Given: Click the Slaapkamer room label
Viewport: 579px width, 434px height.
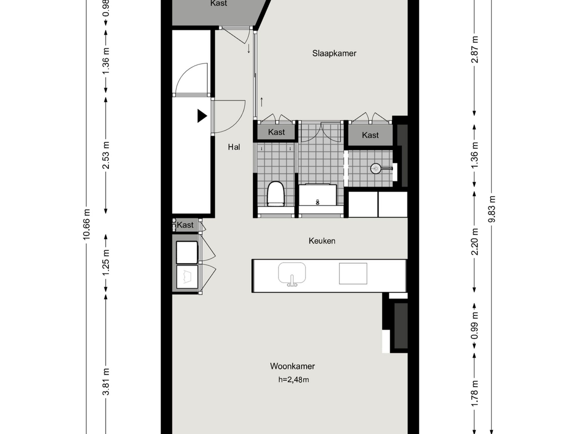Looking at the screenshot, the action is [x=334, y=53].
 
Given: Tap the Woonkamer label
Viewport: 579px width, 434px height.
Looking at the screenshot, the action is [x=292, y=366].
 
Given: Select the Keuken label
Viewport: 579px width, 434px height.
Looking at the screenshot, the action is [x=322, y=241].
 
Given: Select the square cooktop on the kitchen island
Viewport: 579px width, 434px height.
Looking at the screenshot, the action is [x=353, y=273].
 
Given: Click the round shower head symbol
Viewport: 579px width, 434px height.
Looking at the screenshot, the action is [x=376, y=168].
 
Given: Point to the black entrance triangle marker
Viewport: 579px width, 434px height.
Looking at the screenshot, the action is [x=202, y=116].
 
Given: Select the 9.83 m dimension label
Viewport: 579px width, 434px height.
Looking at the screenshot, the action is [x=492, y=209].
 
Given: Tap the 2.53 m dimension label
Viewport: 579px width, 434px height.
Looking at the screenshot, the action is [x=106, y=155].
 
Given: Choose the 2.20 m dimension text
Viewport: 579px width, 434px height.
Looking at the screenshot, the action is [x=474, y=241].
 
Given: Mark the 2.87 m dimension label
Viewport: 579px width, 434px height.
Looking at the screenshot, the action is [x=474, y=50].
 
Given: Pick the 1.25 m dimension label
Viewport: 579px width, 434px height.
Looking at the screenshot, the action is [x=106, y=262].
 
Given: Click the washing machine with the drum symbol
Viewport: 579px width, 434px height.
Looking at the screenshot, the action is [x=187, y=277].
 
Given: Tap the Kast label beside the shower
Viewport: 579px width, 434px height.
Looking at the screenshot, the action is [x=370, y=135].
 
